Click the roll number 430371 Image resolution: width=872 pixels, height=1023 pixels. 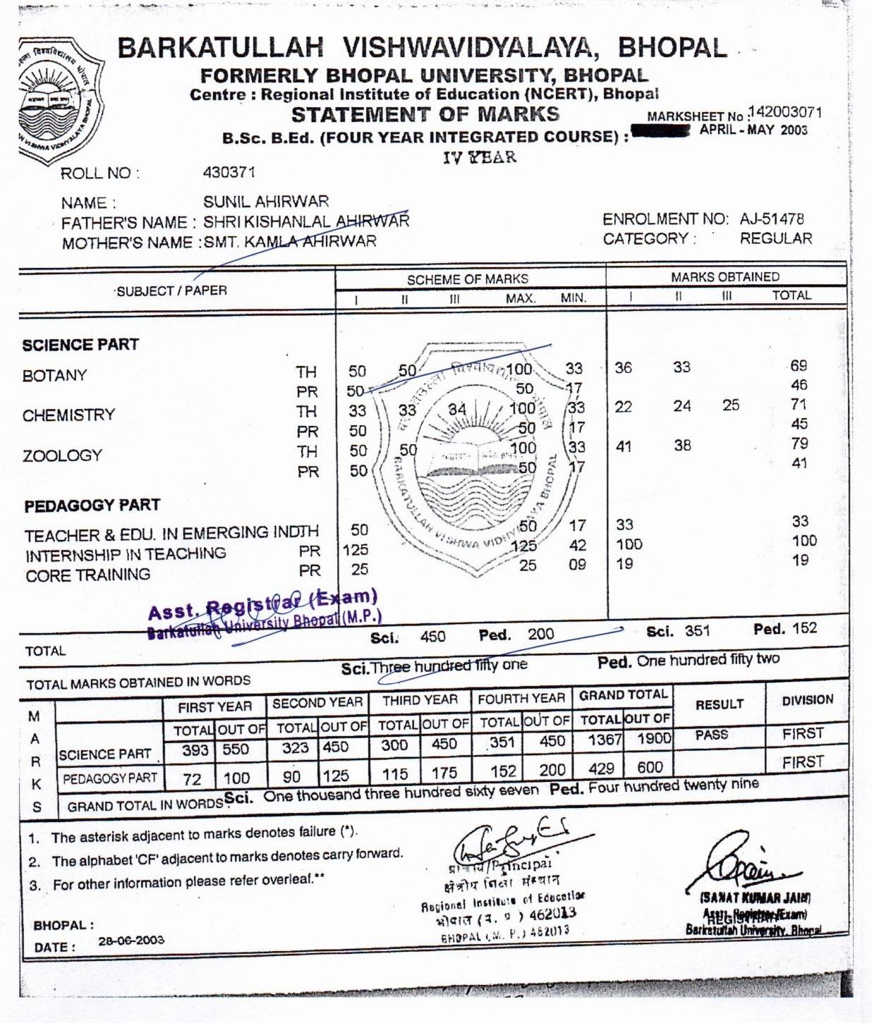coord(229,172)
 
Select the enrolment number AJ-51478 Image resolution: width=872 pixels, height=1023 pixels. coord(772,219)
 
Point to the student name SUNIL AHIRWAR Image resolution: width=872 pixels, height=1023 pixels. coord(266,202)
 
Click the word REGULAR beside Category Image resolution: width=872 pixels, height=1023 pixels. coord(775,238)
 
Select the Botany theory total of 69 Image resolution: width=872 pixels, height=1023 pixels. coord(799,366)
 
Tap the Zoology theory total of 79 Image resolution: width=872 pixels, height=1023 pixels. coord(799,443)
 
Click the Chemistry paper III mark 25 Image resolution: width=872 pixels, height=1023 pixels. coord(731,405)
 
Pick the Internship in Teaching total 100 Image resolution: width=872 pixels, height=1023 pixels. coord(804,541)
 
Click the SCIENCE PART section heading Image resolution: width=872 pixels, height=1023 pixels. coord(80,345)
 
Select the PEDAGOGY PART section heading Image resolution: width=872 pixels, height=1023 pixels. coord(92,506)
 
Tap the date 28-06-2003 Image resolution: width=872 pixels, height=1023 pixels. coord(131,940)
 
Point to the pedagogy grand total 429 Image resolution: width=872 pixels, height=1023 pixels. coord(601,768)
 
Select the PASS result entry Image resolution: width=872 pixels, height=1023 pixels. coord(711,735)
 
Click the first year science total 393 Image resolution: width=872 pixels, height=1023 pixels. coord(195,750)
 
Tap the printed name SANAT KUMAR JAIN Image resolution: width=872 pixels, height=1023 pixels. coord(755,898)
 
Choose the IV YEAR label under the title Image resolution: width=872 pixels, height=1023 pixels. coord(479,157)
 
